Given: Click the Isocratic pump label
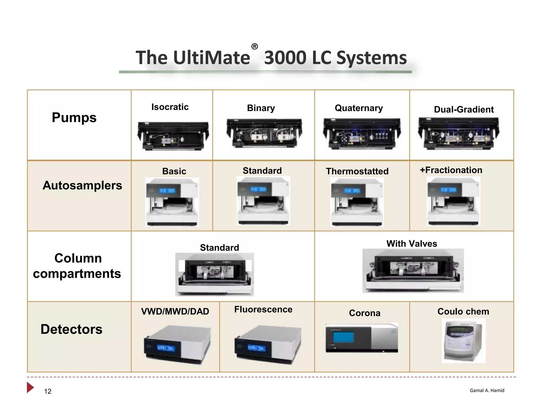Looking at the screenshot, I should (170, 107).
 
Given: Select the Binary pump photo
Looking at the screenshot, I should (264, 133).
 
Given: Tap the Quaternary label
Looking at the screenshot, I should (359, 108).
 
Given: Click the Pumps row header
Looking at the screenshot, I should (74, 117).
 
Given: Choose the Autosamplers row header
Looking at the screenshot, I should (82, 185).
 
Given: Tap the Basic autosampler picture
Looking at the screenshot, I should (172, 202).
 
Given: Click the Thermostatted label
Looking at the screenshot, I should (357, 171).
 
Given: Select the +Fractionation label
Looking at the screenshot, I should (451, 170).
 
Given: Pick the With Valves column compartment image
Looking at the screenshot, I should (413, 271).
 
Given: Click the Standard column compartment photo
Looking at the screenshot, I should (214, 274).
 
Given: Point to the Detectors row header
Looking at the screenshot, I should (71, 329).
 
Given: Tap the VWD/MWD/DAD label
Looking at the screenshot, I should (175, 311).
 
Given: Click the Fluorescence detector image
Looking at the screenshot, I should (268, 345).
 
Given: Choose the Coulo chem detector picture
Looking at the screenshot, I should (463, 340).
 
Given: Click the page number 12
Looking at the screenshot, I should (48, 391).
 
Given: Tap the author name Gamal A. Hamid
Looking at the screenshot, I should (487, 390).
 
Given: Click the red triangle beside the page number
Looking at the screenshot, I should (30, 387).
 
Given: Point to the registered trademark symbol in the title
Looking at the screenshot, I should (255, 47).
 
